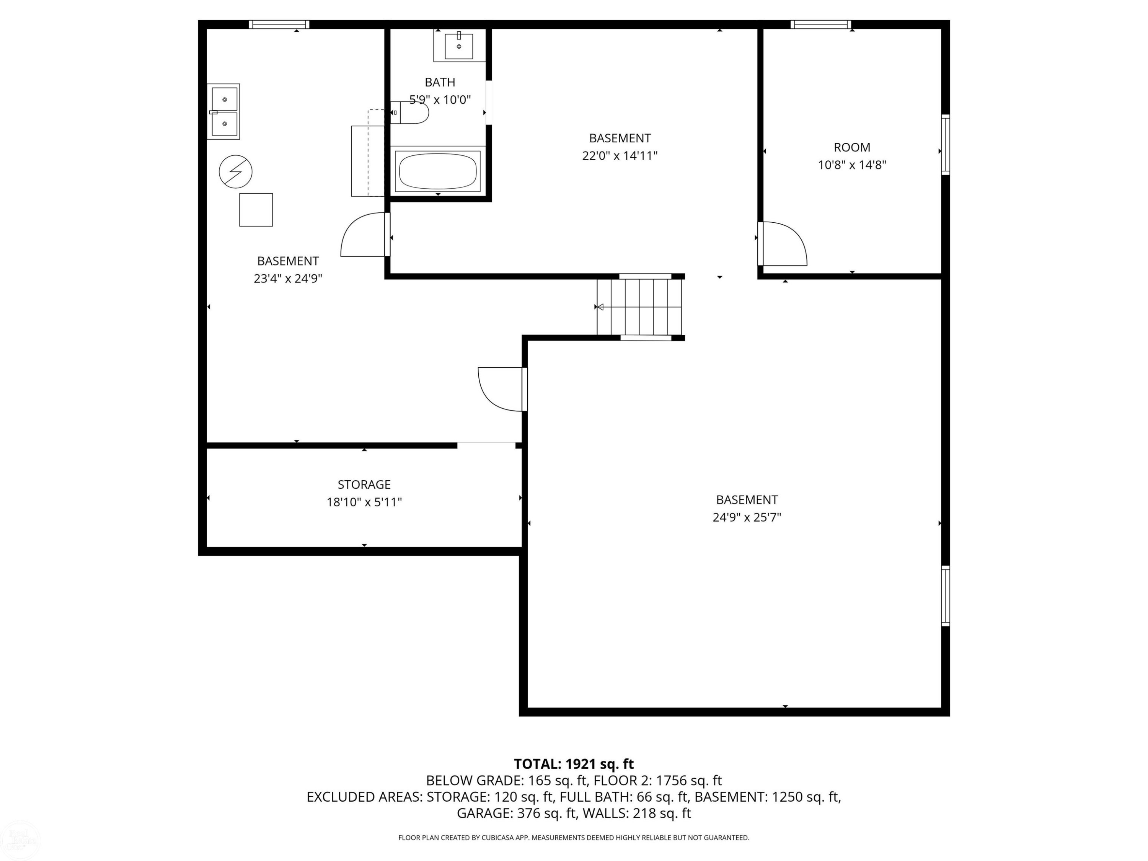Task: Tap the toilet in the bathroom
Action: coord(409,113)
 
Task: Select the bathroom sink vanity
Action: coord(459,45)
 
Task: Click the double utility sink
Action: coord(224,112)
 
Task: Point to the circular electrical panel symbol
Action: coord(236,171)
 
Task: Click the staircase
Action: coord(639,307)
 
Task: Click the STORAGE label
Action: coord(364,484)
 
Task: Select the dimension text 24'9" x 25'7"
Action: coord(747,517)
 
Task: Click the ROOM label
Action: coord(852,147)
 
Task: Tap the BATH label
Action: coord(440,82)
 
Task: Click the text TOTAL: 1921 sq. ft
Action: coord(574,764)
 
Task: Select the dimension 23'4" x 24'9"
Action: coord(288,279)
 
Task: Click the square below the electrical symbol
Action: coord(256,210)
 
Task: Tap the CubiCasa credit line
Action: coord(574,838)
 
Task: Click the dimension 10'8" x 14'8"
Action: coord(852,165)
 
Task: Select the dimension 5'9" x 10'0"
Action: coord(440,99)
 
